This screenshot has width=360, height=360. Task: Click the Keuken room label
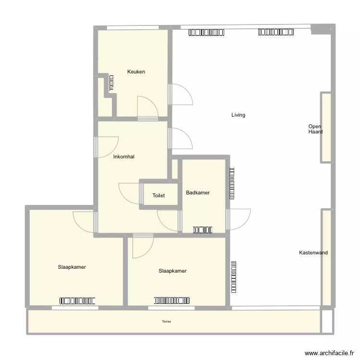pos(136,72)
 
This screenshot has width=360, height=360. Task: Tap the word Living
pos(238,115)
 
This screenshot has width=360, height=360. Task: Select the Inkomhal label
pos(124,157)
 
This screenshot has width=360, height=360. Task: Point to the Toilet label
pos(158,196)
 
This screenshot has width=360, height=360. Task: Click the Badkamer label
pos(198,193)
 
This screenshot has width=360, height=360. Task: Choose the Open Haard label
pos(315,129)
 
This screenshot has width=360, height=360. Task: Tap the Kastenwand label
pos(313,253)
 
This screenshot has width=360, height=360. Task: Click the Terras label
pos(166,322)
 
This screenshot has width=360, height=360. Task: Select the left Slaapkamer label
pos(72,267)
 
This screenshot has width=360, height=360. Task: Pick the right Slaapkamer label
pos(172,271)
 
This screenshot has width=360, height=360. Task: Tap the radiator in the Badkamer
pos(203,230)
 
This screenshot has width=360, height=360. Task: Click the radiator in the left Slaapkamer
pos(78,301)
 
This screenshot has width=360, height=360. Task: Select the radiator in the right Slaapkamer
pos(172,300)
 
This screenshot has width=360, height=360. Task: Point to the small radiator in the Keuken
pos(111,83)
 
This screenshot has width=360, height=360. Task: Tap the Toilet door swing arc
pos(129,193)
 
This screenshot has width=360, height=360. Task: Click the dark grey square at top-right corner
pos(318,29)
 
